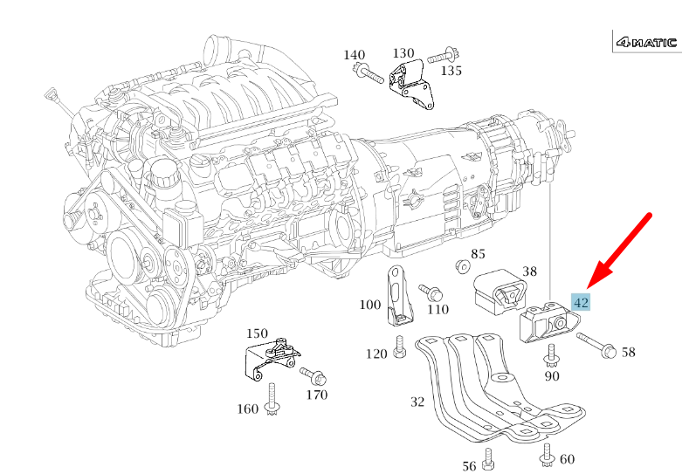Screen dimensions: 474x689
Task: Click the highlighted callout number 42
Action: [581, 302]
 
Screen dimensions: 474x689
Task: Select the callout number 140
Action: [354, 55]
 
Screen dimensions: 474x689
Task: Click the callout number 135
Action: [451, 70]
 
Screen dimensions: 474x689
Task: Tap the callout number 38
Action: [529, 271]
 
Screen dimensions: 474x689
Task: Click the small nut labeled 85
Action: [459, 264]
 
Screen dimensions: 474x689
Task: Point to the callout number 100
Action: [370, 306]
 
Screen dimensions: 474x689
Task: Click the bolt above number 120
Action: [399, 347]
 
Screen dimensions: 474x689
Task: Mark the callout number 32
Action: [417, 402]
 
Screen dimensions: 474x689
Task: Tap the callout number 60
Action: [567, 459]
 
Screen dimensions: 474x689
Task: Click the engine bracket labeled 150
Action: [271, 358]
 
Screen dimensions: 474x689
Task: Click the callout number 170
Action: [316, 395]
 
